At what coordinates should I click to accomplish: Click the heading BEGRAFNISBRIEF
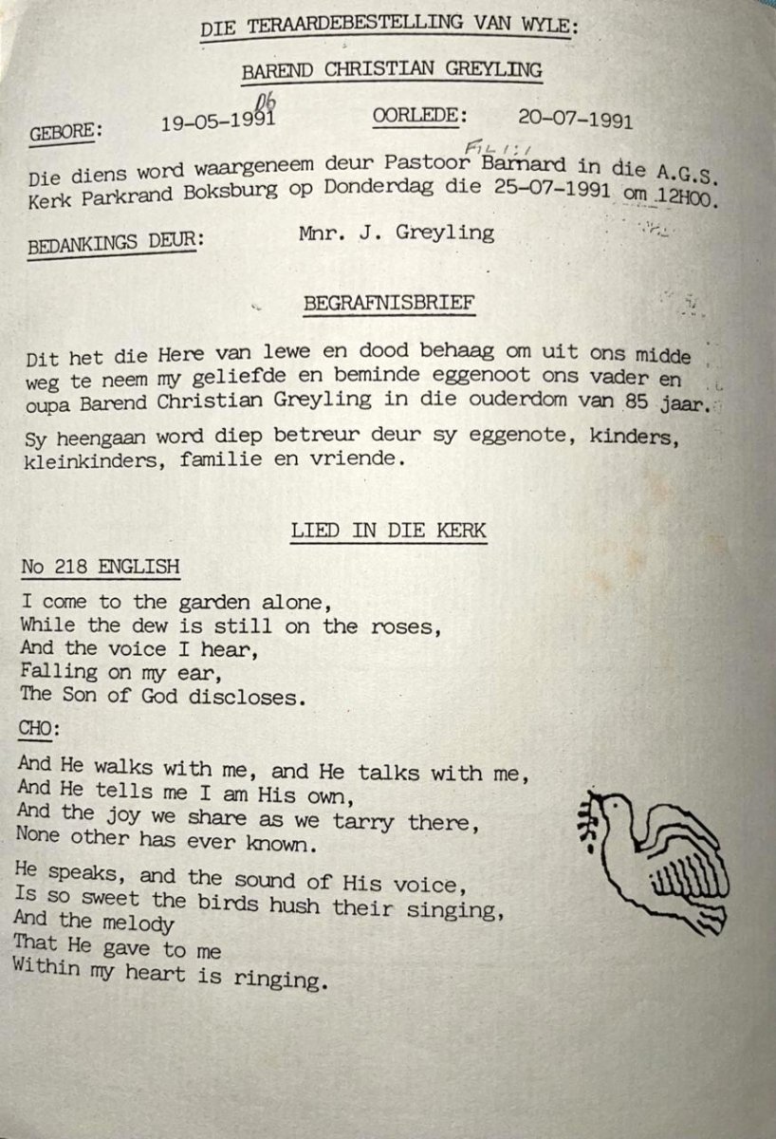[390, 305]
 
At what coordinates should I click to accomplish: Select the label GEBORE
[65, 132]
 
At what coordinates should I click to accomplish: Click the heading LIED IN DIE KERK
[388, 529]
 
